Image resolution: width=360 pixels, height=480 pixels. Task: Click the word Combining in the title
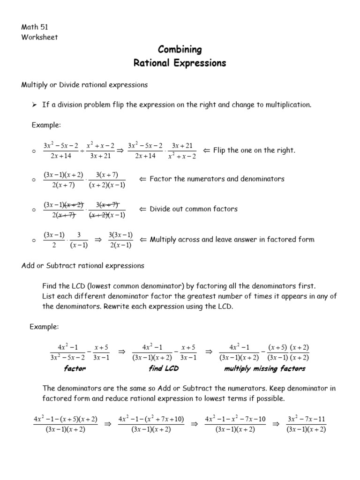[x=180, y=49]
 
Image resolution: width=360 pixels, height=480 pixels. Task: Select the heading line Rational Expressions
[x=180, y=62]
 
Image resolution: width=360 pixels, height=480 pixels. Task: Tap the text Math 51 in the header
[x=34, y=27]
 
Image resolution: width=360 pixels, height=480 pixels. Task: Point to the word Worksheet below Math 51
[x=39, y=37]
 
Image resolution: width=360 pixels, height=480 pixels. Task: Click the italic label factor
[x=75, y=368]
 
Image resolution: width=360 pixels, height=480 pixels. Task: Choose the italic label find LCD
[x=164, y=368]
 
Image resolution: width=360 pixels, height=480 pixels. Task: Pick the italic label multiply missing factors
[x=264, y=368]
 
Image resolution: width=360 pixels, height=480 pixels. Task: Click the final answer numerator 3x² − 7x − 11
[x=306, y=418]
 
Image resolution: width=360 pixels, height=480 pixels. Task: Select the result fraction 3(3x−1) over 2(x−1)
[x=120, y=240]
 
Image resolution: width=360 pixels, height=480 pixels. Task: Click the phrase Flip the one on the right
[x=254, y=150]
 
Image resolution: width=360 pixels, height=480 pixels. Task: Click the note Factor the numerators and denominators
[x=217, y=179]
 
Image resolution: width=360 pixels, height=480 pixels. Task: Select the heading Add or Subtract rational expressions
[x=83, y=266]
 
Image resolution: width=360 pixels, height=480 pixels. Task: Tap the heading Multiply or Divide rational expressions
[x=85, y=85]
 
